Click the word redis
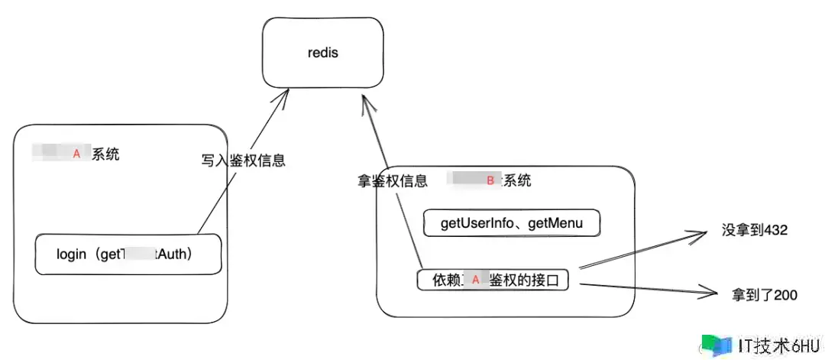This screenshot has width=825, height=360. tap(322, 54)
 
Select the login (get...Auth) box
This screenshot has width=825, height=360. tap(128, 255)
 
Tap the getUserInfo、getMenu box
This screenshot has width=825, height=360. tap(512, 223)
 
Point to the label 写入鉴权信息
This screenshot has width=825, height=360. tap(243, 161)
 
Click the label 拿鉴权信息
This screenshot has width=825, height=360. tap(393, 181)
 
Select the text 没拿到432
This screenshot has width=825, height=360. tap(754, 229)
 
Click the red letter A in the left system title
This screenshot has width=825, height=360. tap(76, 154)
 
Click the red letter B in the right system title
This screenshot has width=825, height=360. tap(490, 180)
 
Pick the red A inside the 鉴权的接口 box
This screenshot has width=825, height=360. tap(475, 281)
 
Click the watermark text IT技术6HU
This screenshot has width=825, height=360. tap(778, 345)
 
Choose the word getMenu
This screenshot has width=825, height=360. tap(557, 223)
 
